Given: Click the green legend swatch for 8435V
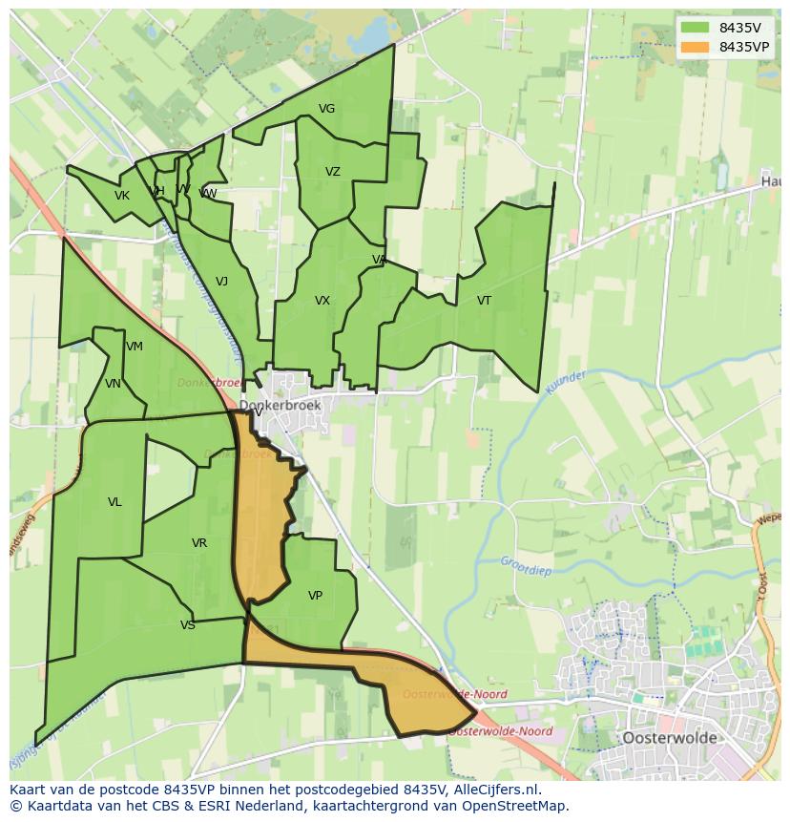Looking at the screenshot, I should tap(696, 27).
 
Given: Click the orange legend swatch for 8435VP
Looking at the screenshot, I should tap(696, 47).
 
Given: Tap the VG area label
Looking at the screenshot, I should tap(326, 109).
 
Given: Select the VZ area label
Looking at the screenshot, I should tap(332, 172).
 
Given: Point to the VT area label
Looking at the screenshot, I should tap(484, 301).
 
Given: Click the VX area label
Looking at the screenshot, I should tap(322, 301).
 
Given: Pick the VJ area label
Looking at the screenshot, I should tap(221, 282).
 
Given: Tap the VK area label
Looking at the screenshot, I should tap(121, 196).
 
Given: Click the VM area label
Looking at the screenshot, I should tap(134, 347).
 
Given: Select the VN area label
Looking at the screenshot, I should tap(113, 384).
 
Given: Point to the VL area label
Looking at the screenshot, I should tap(114, 502).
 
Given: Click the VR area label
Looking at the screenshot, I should tap(198, 543).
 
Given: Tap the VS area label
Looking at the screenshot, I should tap(187, 625).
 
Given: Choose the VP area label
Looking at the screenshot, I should tap(315, 596).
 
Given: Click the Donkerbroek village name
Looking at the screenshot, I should tap(281, 406).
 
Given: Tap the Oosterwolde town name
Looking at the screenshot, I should tap(669, 738).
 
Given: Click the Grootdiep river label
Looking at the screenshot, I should tap(527, 562).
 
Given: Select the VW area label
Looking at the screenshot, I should tap(207, 194).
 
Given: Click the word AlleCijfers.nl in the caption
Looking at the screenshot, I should tap(495, 790).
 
